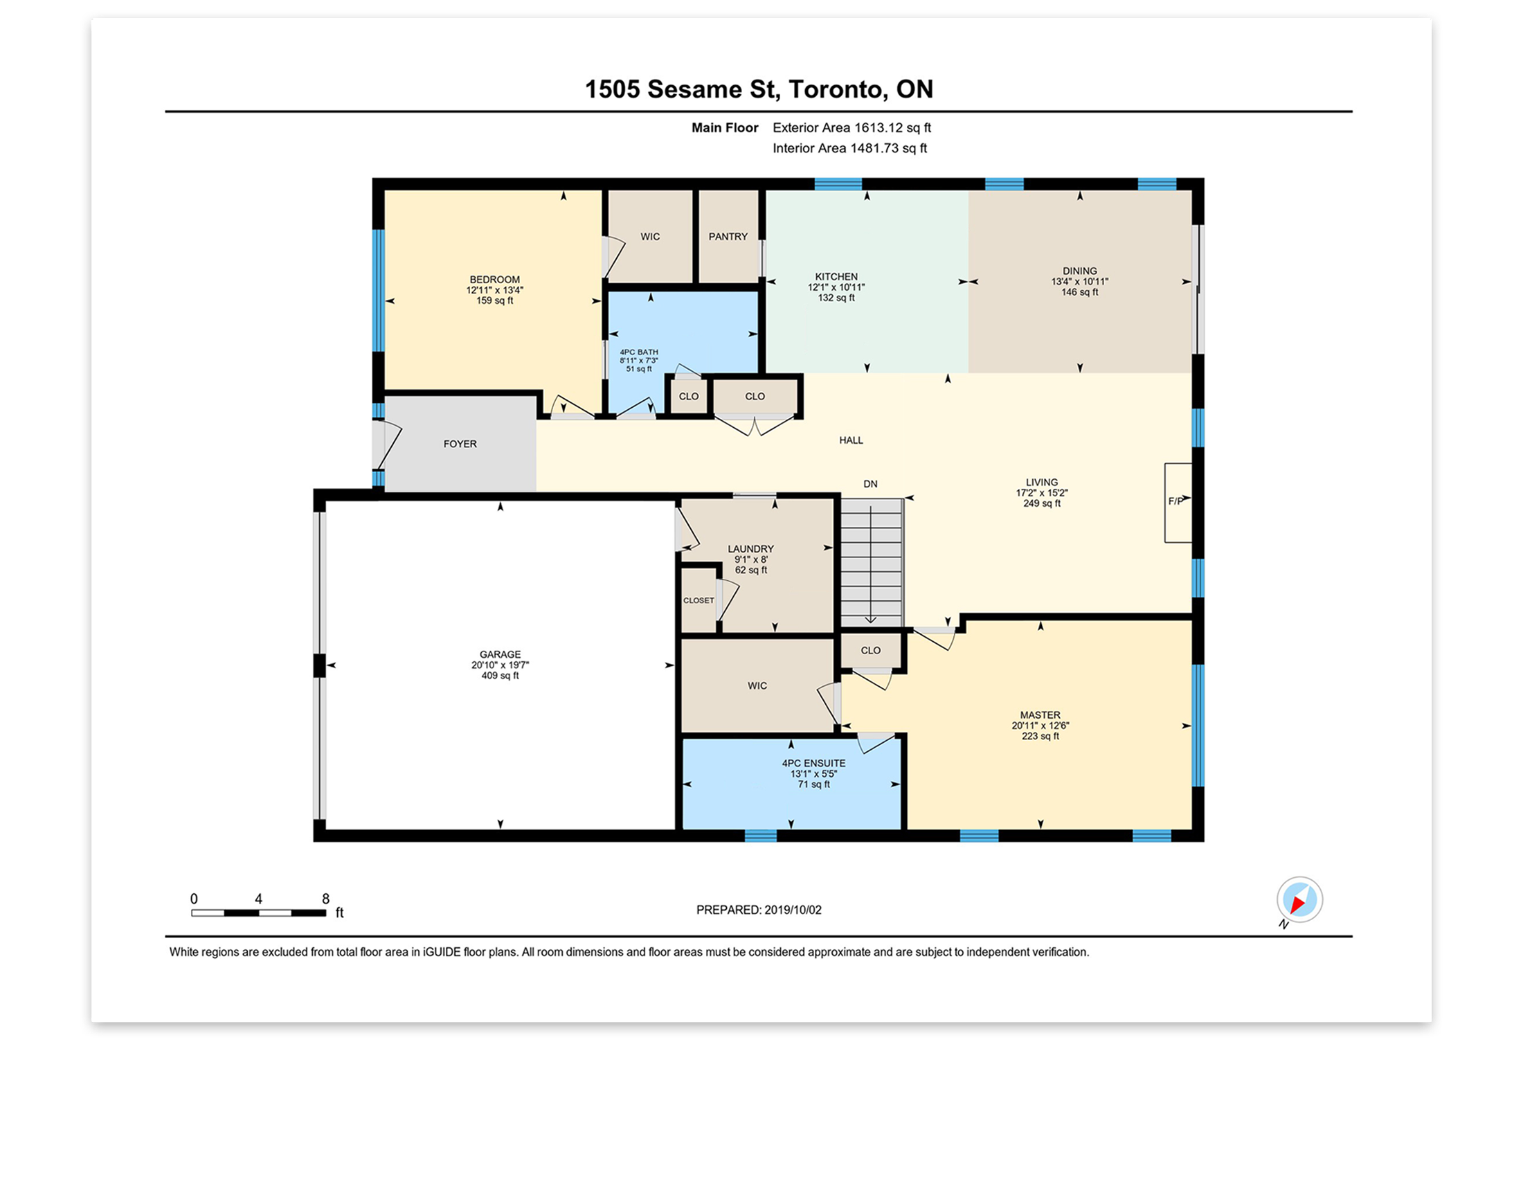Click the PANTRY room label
728,236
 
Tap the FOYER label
460,444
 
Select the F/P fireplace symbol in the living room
1178,502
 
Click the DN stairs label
870,484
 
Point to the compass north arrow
1299,900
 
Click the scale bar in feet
259,913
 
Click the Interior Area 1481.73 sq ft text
849,148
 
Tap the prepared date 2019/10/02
793,910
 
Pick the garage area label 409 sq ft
500,676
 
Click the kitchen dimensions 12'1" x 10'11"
836,287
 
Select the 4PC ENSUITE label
813,764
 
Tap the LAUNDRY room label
750,549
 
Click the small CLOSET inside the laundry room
699,600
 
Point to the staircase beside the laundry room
871,562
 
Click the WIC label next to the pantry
650,237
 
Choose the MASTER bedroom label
1040,715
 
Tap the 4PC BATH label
639,352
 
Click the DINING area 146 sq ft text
1079,292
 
